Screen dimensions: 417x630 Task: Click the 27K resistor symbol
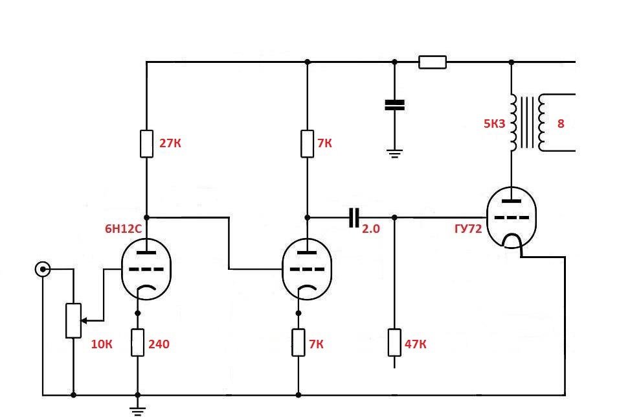tap(146, 143)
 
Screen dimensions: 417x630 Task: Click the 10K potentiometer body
tap(73, 320)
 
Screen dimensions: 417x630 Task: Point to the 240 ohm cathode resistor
tap(137, 342)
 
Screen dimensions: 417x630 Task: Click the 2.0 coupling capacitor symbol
tap(353, 218)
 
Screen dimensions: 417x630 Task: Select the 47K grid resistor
tap(394, 342)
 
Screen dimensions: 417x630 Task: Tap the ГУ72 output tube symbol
tap(512, 218)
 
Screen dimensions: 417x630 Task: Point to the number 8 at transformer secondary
tap(561, 123)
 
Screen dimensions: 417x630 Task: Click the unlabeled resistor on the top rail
tap(432, 62)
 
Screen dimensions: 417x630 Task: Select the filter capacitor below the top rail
tap(394, 105)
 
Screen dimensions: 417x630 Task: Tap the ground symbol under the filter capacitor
tap(394, 153)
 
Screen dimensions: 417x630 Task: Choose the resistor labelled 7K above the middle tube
tap(307, 143)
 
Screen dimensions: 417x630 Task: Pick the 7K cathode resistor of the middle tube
tap(298, 342)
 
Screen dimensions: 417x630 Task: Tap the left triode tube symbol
tap(146, 268)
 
